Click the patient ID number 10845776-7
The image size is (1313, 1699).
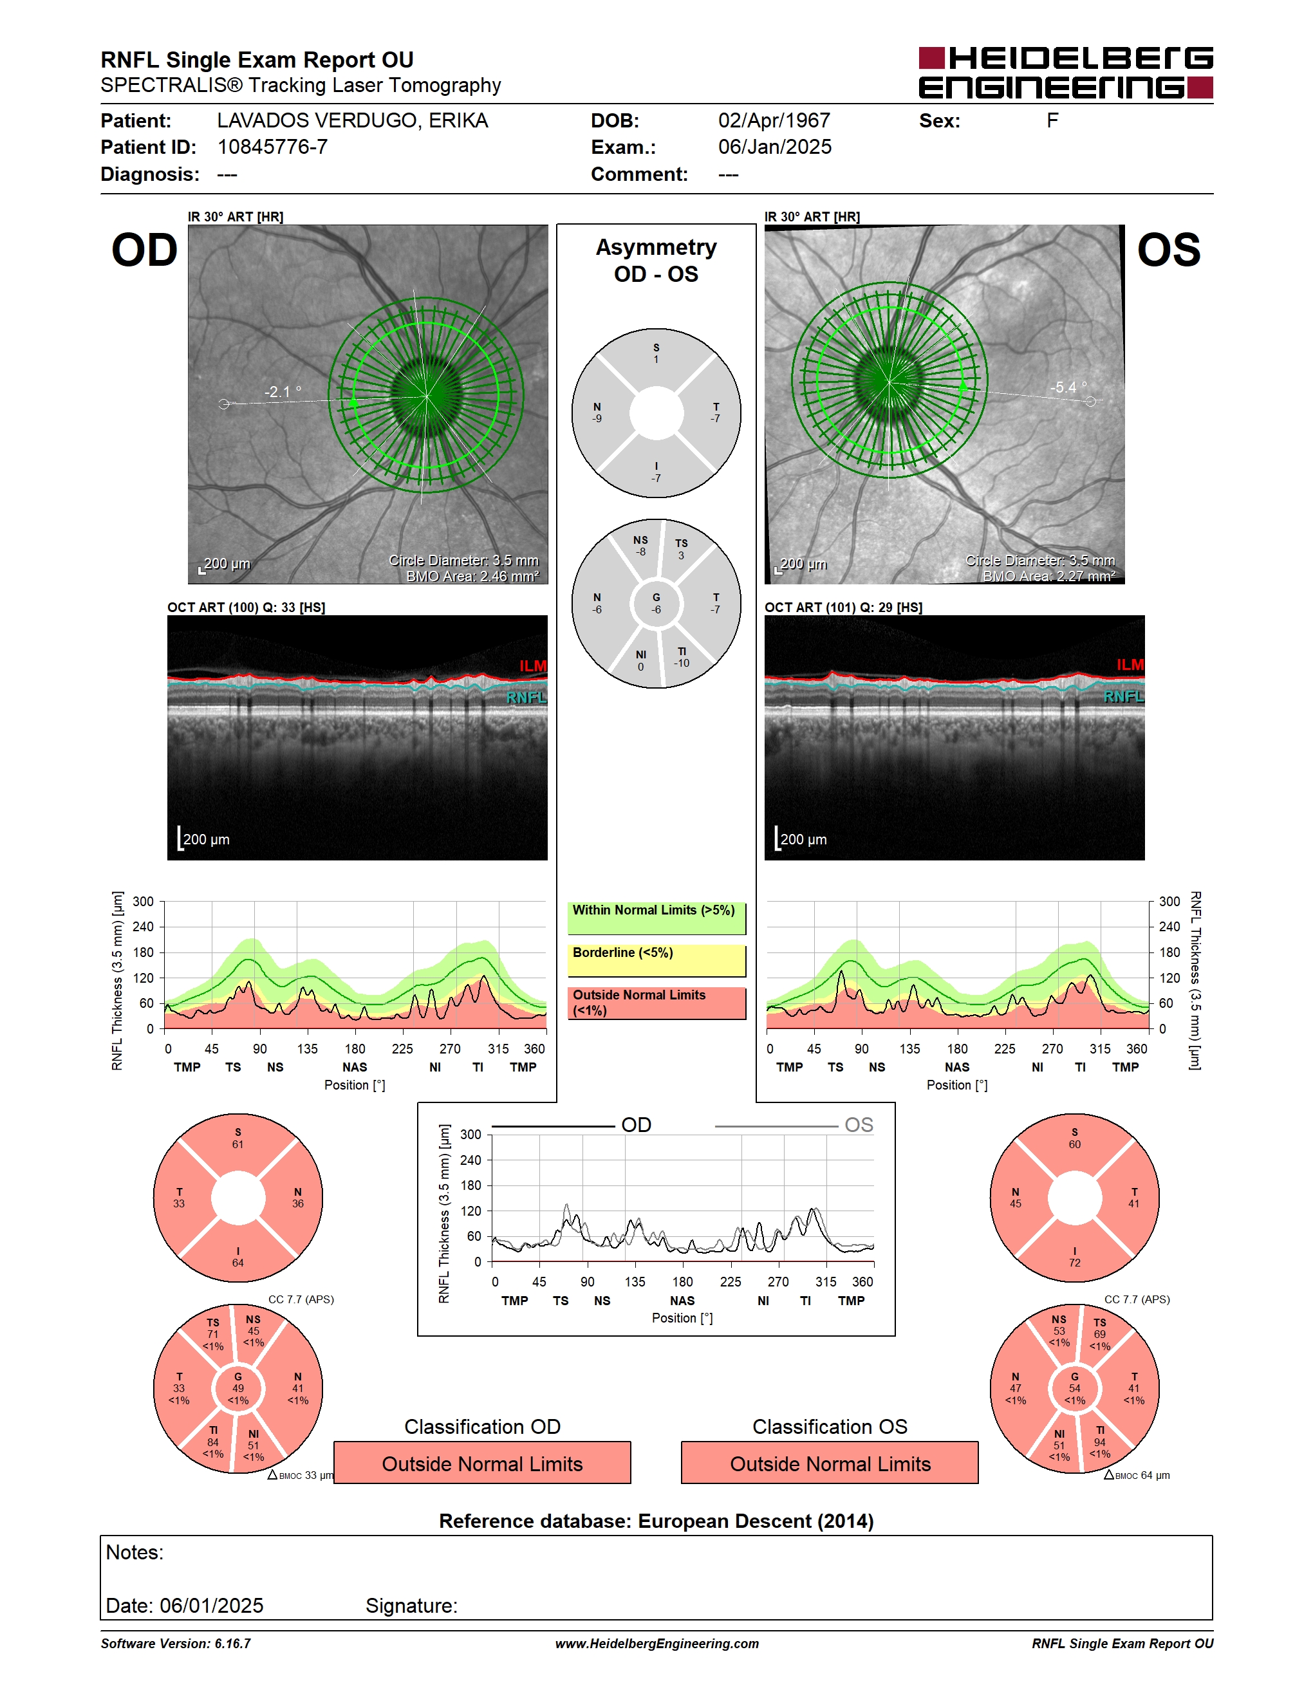point(272,147)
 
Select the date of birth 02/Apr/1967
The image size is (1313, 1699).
point(774,120)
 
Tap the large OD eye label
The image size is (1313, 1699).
point(145,250)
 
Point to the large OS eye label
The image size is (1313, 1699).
point(1168,250)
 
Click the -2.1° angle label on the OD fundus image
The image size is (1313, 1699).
point(283,391)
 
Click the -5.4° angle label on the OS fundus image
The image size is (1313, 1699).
point(1068,387)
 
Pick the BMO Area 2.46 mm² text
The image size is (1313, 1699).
point(472,577)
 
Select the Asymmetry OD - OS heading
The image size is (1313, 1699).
point(656,261)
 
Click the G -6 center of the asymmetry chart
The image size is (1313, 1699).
point(656,604)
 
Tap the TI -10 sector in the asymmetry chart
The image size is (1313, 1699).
point(682,657)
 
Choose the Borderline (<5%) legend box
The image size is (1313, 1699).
point(656,961)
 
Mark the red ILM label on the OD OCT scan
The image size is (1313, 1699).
point(533,666)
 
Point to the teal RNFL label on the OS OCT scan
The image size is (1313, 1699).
point(1123,696)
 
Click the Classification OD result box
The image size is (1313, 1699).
point(482,1463)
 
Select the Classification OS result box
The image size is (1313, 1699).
point(830,1463)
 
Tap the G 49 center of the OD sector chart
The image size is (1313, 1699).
point(238,1389)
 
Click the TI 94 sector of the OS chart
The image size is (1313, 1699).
point(1100,1442)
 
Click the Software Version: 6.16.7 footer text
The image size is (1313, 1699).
point(176,1643)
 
